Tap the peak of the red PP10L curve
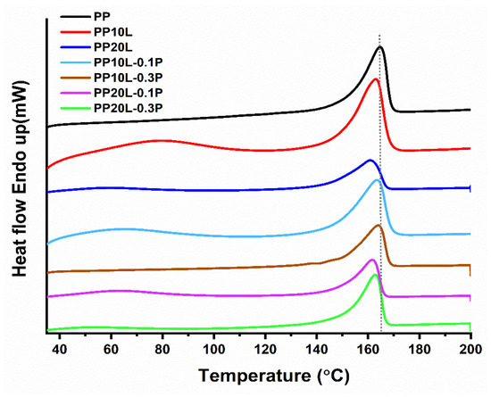[376, 79]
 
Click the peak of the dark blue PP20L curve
[370, 160]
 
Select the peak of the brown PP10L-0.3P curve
[379, 226]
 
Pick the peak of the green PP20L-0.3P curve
[376, 275]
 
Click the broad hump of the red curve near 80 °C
[161, 140]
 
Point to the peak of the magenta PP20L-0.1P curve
[371, 260]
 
